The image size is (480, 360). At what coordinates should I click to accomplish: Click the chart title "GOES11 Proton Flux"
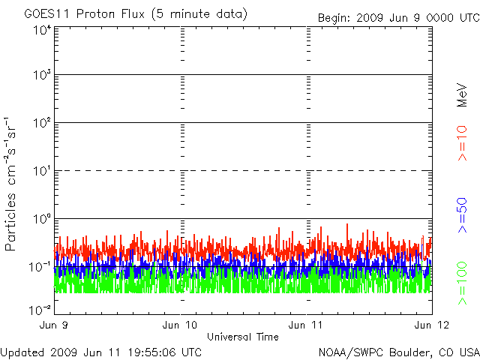coord(84,14)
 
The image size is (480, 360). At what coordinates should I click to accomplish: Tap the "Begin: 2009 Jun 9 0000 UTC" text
coord(399,18)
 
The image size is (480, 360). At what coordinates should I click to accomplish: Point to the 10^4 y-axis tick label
coord(43,30)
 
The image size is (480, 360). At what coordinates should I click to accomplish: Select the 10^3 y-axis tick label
coord(43,74)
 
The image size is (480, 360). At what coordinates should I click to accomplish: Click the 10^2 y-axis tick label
coord(43,122)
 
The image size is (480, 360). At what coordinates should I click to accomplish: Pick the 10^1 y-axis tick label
coord(43,171)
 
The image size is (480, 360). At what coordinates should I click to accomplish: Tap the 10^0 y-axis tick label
coord(43,219)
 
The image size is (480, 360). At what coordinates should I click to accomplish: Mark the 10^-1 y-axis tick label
coord(40,267)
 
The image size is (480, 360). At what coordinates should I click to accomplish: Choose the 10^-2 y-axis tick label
coord(40,310)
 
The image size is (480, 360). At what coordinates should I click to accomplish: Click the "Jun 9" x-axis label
coord(53,325)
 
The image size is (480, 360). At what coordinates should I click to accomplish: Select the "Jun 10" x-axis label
coord(180,325)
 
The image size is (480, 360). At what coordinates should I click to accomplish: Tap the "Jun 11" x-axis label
coord(305,325)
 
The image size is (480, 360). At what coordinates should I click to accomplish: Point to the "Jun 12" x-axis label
coord(432,325)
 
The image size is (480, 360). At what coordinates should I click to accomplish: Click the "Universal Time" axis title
coord(243,337)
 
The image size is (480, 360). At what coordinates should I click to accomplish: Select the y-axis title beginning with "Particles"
coord(10,184)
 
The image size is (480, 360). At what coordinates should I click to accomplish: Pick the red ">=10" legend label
coord(462,143)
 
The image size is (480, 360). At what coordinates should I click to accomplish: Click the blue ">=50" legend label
coord(462,215)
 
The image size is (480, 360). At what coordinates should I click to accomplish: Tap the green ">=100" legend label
coord(462,283)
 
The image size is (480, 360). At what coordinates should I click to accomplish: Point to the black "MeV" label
coord(462,95)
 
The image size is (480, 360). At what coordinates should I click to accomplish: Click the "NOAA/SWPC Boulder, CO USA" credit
coord(399,352)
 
